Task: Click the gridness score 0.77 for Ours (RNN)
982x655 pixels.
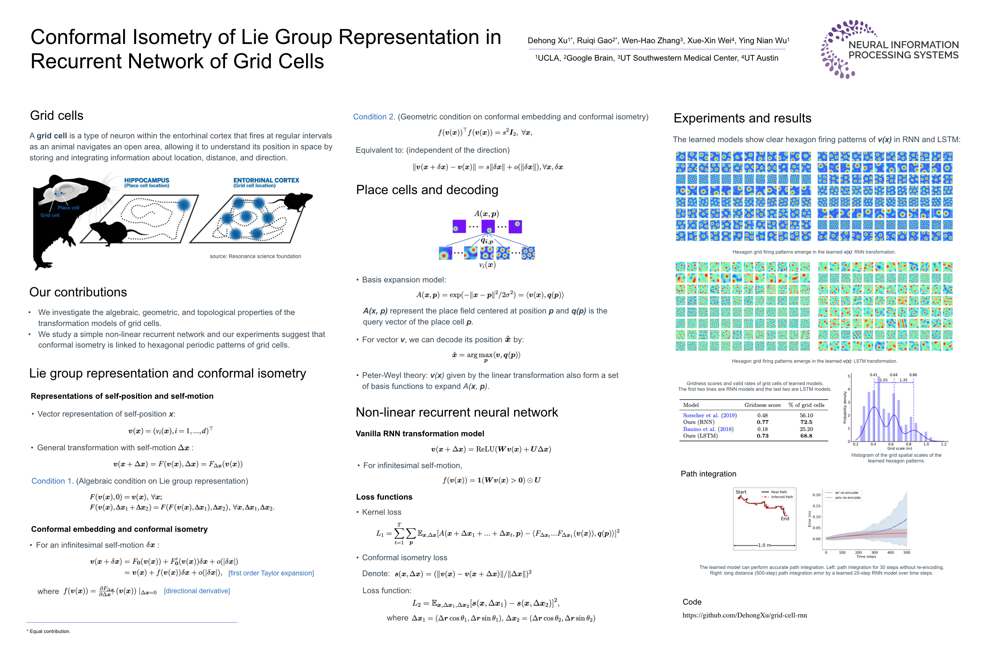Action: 762,422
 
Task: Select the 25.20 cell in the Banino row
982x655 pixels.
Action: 806,429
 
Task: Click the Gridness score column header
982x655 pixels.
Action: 762,405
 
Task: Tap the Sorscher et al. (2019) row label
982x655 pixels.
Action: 709,415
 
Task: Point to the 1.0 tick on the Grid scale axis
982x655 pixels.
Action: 926,444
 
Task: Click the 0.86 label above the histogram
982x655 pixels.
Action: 913,375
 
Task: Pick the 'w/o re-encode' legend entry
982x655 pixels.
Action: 848,498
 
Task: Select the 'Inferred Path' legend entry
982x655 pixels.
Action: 782,497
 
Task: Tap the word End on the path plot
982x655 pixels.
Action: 785,519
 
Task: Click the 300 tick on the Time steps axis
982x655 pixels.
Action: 874,552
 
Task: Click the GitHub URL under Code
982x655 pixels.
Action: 744,615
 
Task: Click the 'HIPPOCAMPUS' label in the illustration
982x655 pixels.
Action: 147,180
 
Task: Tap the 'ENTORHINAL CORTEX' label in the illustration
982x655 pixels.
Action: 266,180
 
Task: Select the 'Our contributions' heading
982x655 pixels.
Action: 78,292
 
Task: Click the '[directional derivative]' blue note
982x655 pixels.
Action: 197,591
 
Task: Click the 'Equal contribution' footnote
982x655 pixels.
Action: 50,631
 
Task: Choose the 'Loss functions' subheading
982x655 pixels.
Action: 384,497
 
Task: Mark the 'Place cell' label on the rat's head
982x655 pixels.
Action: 69,208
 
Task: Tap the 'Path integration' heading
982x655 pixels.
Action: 708,474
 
